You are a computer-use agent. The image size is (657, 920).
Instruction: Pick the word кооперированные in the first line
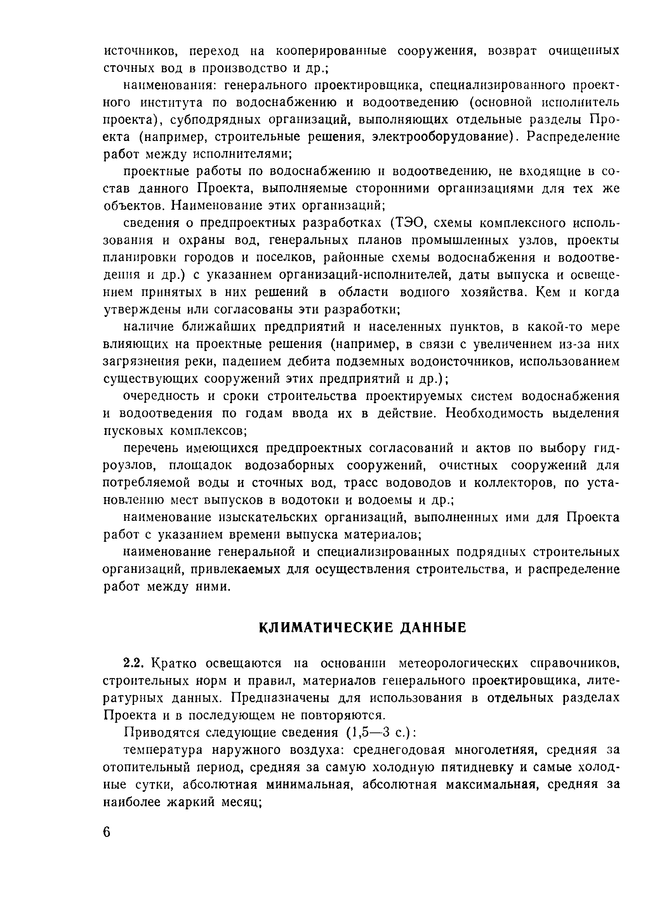330,51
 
